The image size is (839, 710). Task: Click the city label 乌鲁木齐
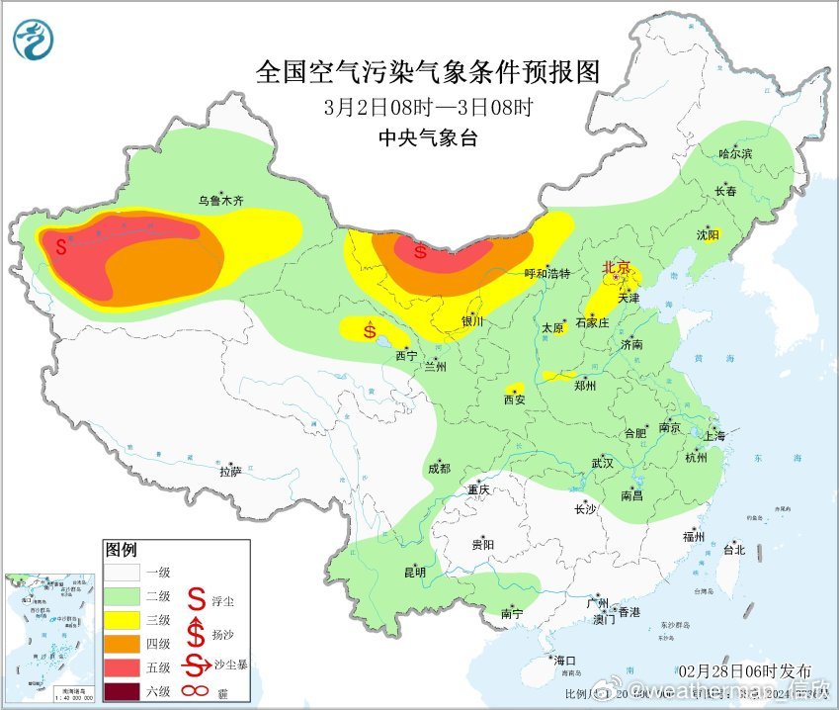click(x=219, y=200)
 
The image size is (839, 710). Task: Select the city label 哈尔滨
click(x=735, y=154)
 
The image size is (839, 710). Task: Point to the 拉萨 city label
click(x=230, y=473)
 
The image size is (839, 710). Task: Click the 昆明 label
click(x=414, y=573)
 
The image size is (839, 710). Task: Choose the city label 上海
click(x=715, y=435)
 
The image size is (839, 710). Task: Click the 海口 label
click(x=564, y=661)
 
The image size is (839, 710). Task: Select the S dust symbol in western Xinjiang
click(x=61, y=245)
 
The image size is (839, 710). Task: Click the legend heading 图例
click(x=121, y=549)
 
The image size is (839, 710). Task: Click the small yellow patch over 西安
click(x=514, y=388)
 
